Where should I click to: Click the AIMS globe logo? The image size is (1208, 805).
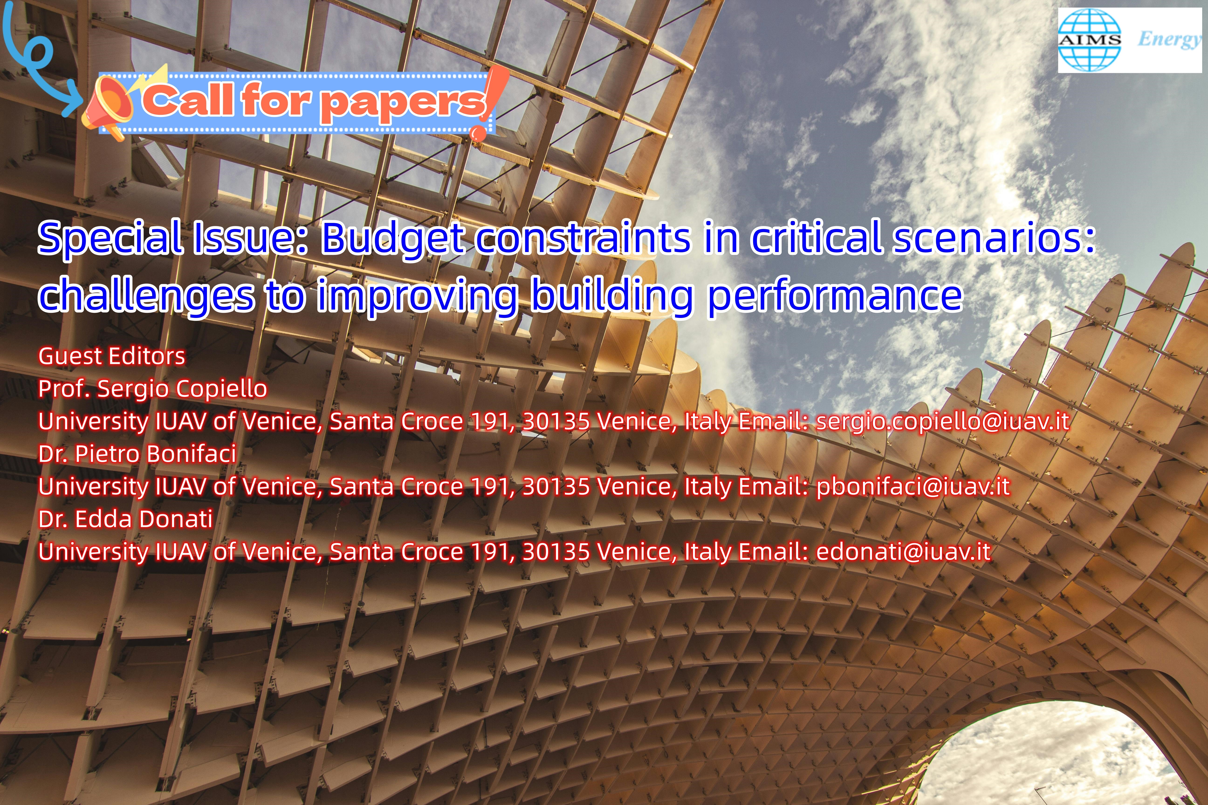pos(1089,40)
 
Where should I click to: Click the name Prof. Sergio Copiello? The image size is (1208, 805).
pos(153,389)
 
